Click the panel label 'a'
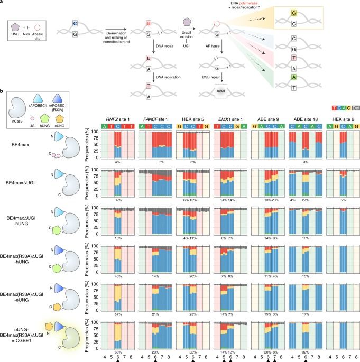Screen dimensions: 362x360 coord(3,3)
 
